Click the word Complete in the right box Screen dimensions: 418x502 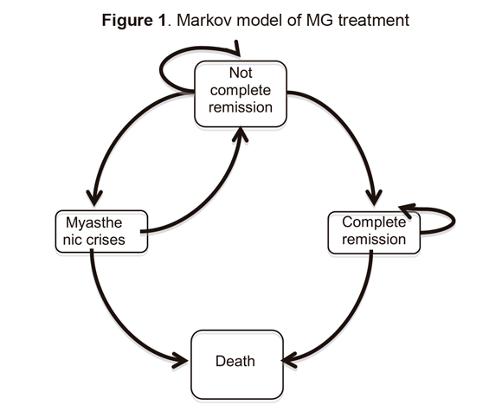point(373,222)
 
